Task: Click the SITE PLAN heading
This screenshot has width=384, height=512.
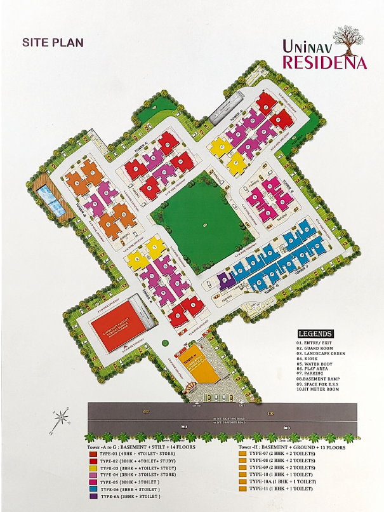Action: click(x=53, y=43)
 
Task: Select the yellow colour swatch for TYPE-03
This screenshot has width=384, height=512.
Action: click(x=93, y=468)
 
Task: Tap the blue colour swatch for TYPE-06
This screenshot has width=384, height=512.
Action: click(x=93, y=488)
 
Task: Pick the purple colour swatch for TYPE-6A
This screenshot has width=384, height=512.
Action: click(x=93, y=495)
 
